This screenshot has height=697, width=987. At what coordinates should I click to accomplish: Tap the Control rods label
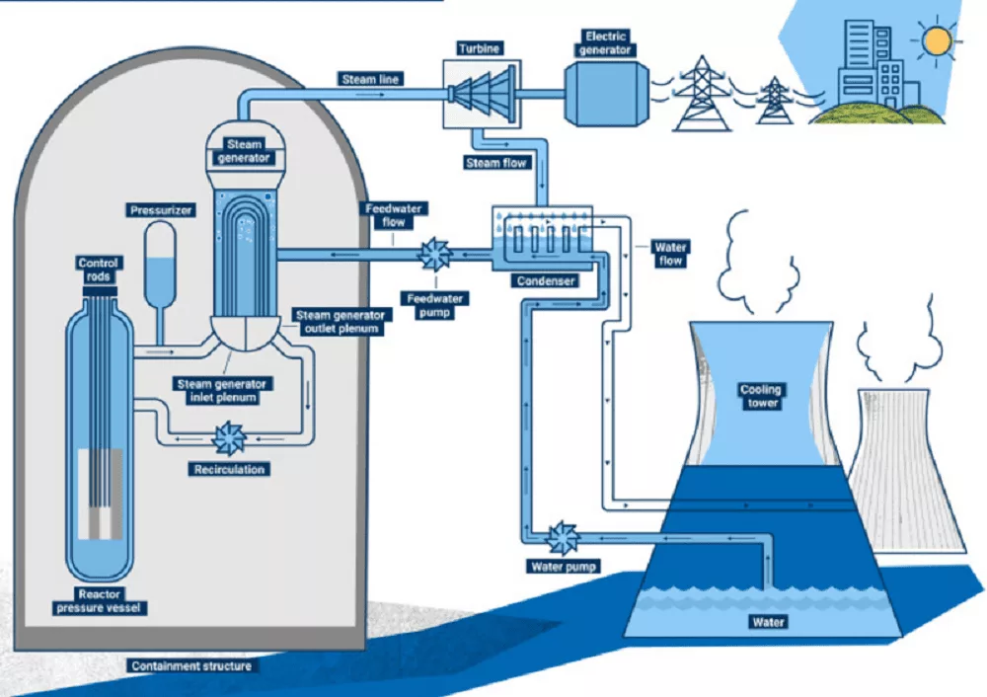[x=98, y=270]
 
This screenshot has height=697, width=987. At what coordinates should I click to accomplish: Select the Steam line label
[x=371, y=78]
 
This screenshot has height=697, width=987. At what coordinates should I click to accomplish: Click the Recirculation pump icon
[x=229, y=437]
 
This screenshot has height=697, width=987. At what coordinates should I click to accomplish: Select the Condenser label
[x=545, y=281]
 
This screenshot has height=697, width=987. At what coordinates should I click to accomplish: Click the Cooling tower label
[x=761, y=396]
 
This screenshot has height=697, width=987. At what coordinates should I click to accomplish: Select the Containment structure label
[x=191, y=665]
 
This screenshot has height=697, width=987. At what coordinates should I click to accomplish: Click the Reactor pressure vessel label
[x=101, y=601]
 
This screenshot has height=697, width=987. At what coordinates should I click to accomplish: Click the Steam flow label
[x=496, y=162]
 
